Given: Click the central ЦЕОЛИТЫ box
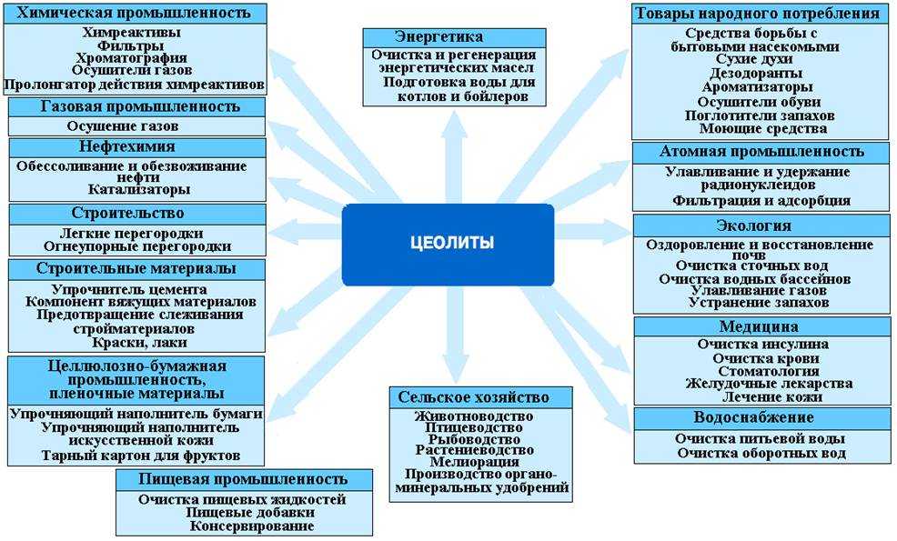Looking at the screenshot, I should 448,244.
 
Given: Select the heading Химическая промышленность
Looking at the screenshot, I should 134,13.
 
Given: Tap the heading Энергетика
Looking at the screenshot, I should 452,37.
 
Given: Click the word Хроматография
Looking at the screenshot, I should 134,58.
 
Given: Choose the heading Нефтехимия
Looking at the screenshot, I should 137,146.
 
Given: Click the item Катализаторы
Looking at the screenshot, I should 138,190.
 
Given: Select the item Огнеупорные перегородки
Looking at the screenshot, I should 137,245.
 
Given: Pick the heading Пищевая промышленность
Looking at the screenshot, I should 244,479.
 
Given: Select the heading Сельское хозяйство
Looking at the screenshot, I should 483,397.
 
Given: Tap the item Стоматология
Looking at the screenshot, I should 762,371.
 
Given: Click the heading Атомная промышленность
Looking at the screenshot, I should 761,151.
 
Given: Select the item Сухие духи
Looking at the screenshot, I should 762,59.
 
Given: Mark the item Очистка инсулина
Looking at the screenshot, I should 762,345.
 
